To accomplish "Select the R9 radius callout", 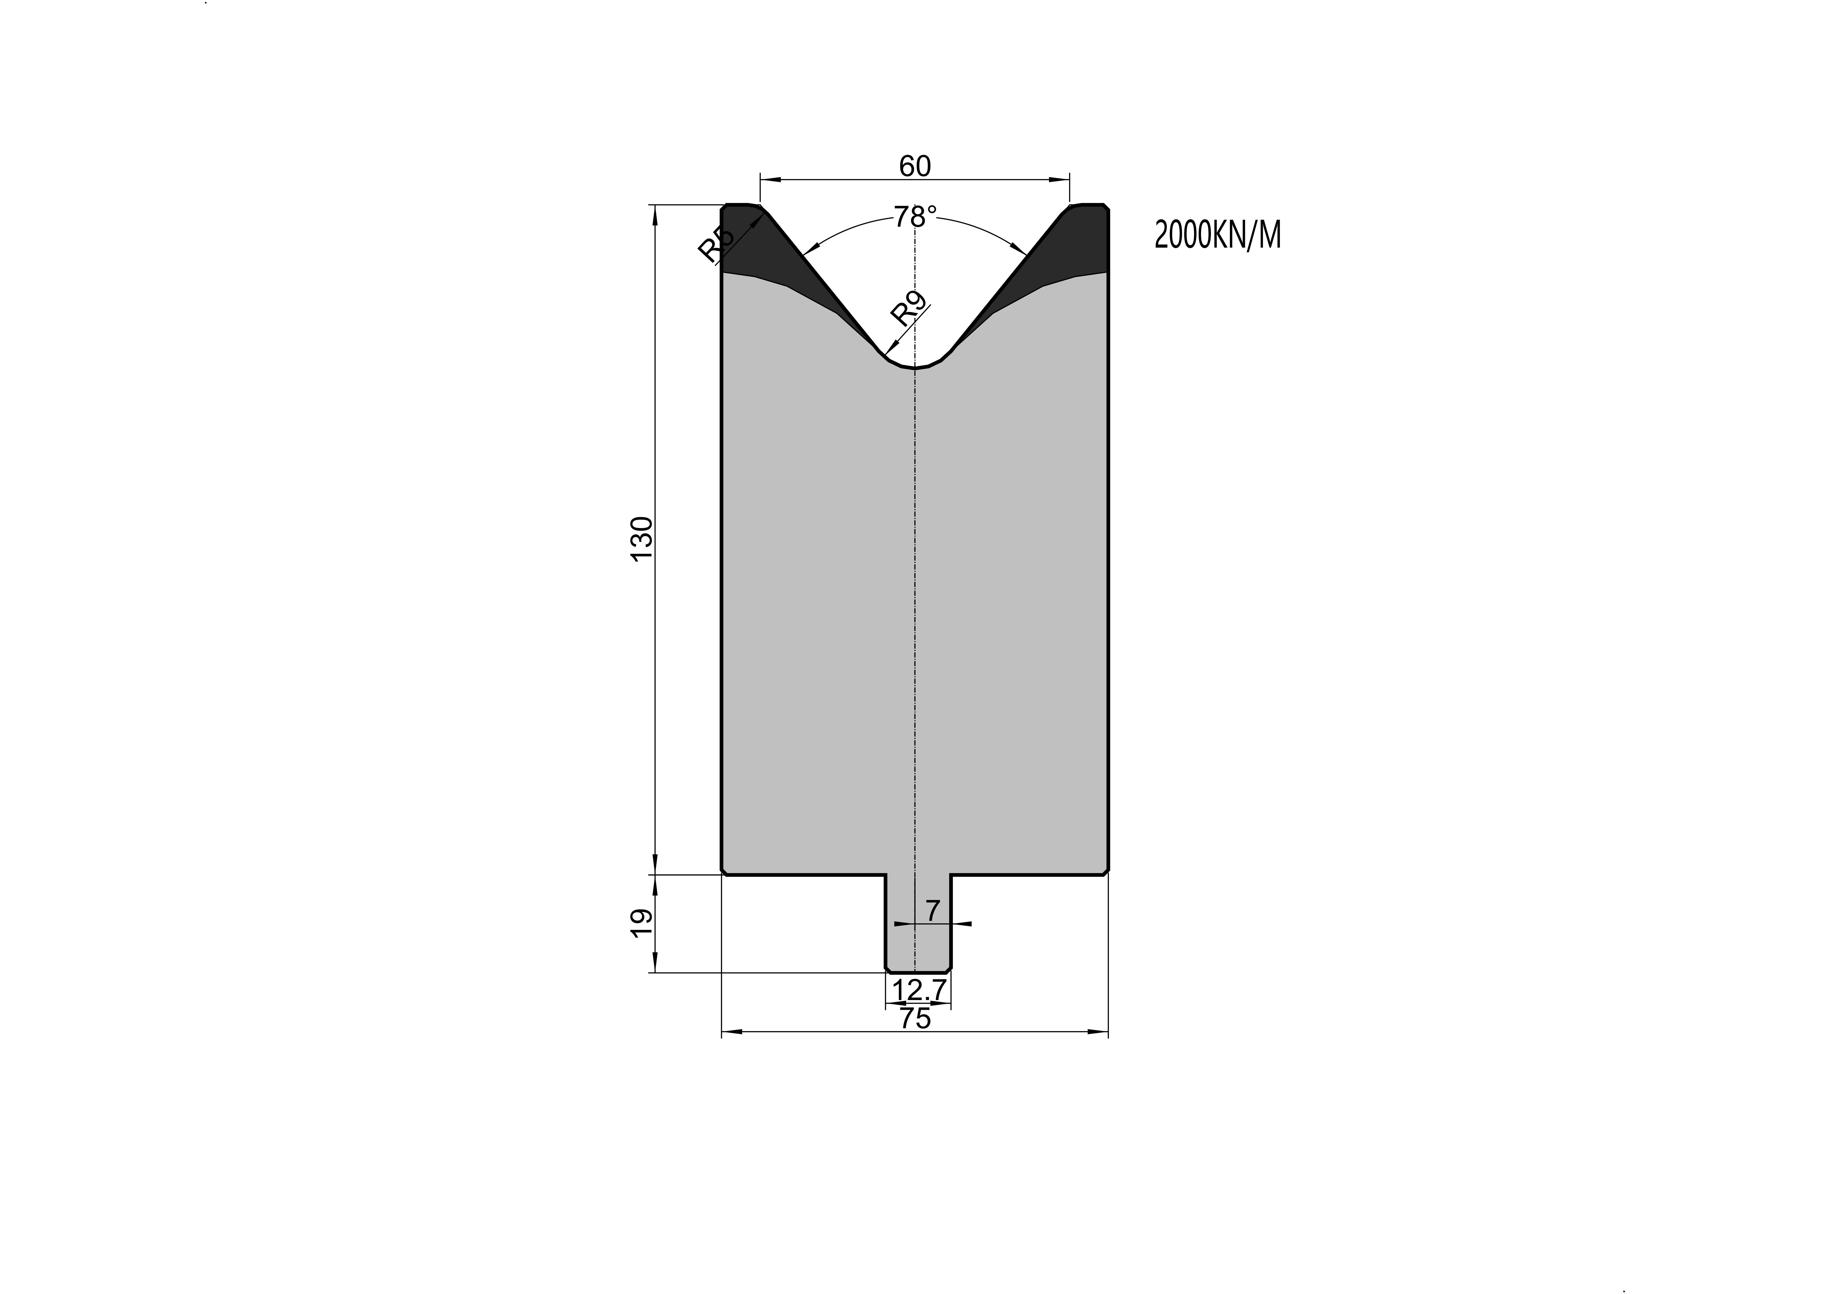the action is pyautogui.click(x=909, y=309).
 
